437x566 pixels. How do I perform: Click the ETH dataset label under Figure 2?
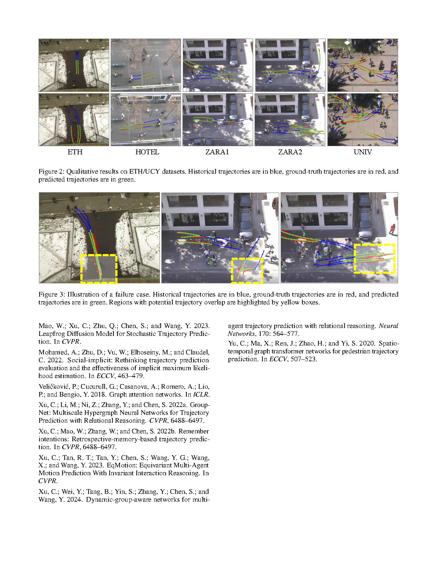click(x=75, y=152)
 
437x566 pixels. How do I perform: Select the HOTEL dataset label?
click(x=147, y=152)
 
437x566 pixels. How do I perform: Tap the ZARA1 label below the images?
click(x=217, y=152)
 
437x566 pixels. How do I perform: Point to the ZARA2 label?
click(x=290, y=152)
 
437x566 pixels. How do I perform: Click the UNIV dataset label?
click(x=363, y=152)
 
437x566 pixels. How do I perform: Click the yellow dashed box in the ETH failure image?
click(x=99, y=269)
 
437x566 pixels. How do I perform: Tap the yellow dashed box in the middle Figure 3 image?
click(x=247, y=270)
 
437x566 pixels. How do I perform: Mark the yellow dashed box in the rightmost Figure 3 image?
click(x=374, y=259)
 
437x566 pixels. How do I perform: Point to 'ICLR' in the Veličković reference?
click(x=201, y=394)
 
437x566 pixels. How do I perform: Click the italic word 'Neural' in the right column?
click(x=388, y=326)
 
